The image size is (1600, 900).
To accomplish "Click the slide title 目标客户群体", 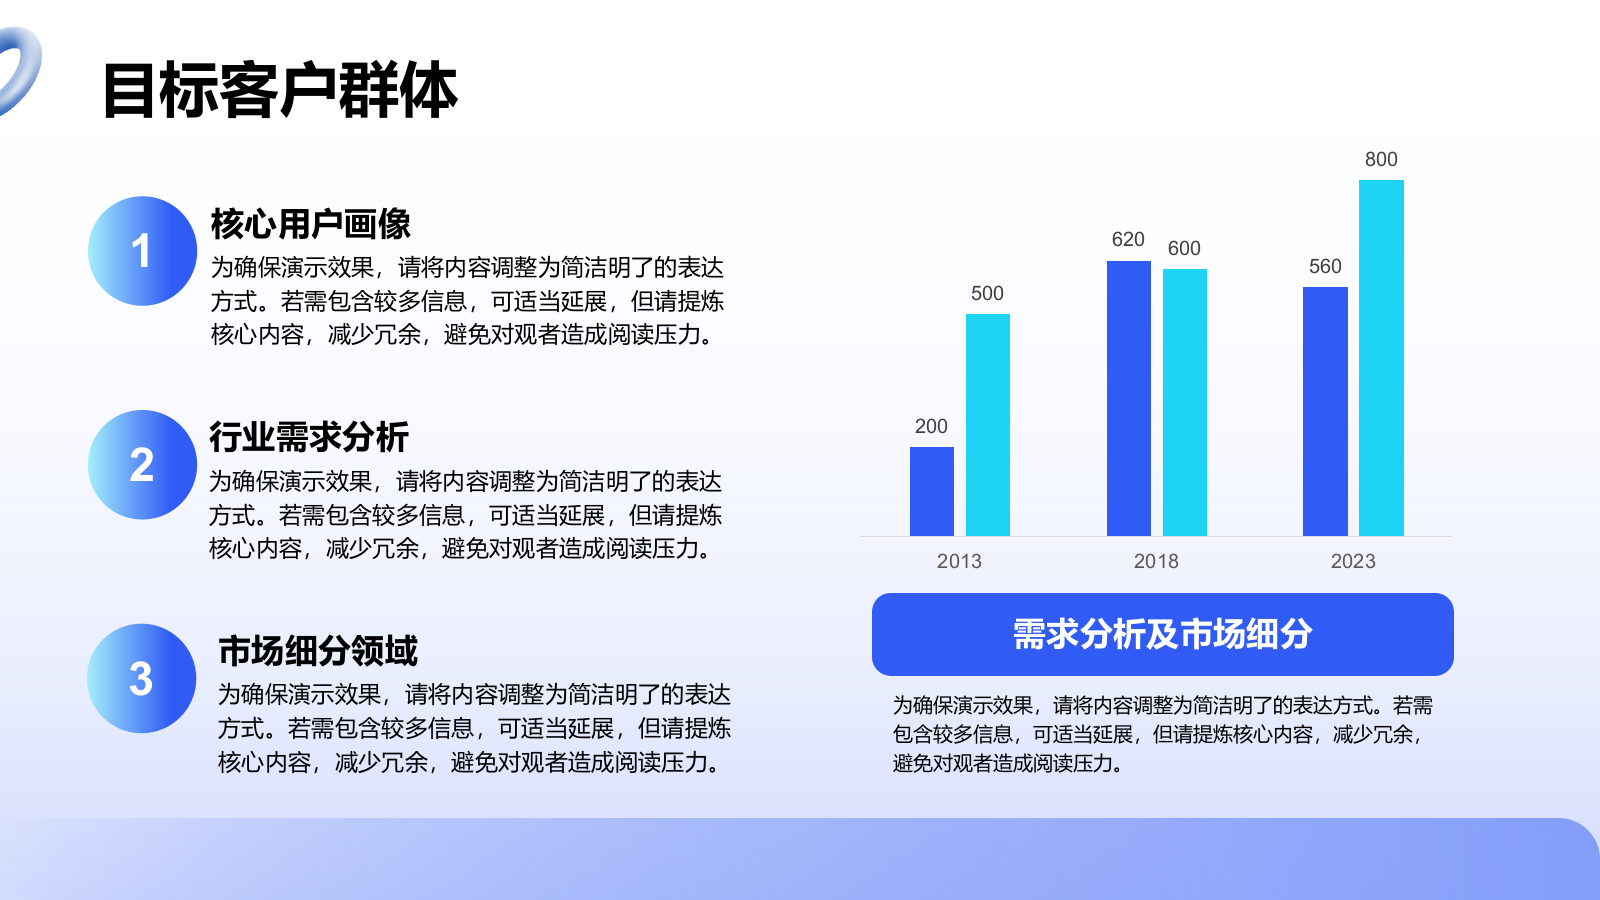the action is coord(280,90).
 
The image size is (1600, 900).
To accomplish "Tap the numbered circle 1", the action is coord(142,251).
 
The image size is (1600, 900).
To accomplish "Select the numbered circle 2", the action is coord(142,464).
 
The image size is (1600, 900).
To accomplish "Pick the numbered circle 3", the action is coord(141,678).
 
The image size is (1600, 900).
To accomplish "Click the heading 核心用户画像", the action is coord(311,224).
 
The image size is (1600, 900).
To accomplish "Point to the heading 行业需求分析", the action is coord(309,436).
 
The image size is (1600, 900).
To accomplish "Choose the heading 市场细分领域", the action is coord(318,651).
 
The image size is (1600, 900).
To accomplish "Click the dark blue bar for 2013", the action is coord(931,491).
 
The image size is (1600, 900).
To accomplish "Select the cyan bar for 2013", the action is coord(988,425).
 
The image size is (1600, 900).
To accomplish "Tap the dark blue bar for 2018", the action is coord(1129,398).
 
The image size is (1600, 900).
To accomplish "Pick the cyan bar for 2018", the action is coord(1185,402).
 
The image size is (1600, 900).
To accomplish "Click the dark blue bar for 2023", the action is coord(1325,411).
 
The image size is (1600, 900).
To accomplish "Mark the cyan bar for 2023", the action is coord(1381,358).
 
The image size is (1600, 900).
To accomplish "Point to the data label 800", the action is coord(1381,159).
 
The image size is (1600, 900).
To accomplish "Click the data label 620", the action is coord(1129,239).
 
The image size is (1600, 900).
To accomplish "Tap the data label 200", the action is coord(931,426).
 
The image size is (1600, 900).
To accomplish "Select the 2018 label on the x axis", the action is coord(1156,561).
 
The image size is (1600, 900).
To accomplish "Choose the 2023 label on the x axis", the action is coord(1353,561).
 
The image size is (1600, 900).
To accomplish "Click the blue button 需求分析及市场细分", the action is coord(1163,634).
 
